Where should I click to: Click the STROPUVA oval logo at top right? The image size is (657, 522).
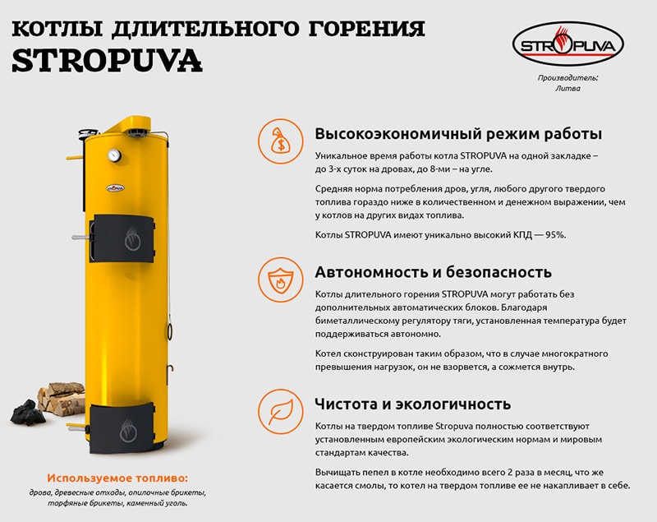567,44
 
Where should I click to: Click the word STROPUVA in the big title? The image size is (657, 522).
108,61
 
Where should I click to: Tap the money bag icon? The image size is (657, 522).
280,141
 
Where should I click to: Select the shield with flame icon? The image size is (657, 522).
280,279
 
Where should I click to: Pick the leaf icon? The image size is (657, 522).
280,411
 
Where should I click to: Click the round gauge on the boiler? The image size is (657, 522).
114,155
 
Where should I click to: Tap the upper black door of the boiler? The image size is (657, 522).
122,238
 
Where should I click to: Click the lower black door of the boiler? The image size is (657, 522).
122,427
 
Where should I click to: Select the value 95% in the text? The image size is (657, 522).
556,235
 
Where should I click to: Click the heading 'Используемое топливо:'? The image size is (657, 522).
117,478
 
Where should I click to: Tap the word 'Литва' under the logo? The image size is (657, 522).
567,88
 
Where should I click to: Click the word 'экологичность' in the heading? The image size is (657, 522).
453,404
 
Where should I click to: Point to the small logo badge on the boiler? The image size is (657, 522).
115,187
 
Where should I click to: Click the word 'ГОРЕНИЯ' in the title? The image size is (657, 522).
366,29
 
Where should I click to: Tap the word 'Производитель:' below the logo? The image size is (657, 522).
567,78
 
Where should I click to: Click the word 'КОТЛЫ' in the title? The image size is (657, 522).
57,29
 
